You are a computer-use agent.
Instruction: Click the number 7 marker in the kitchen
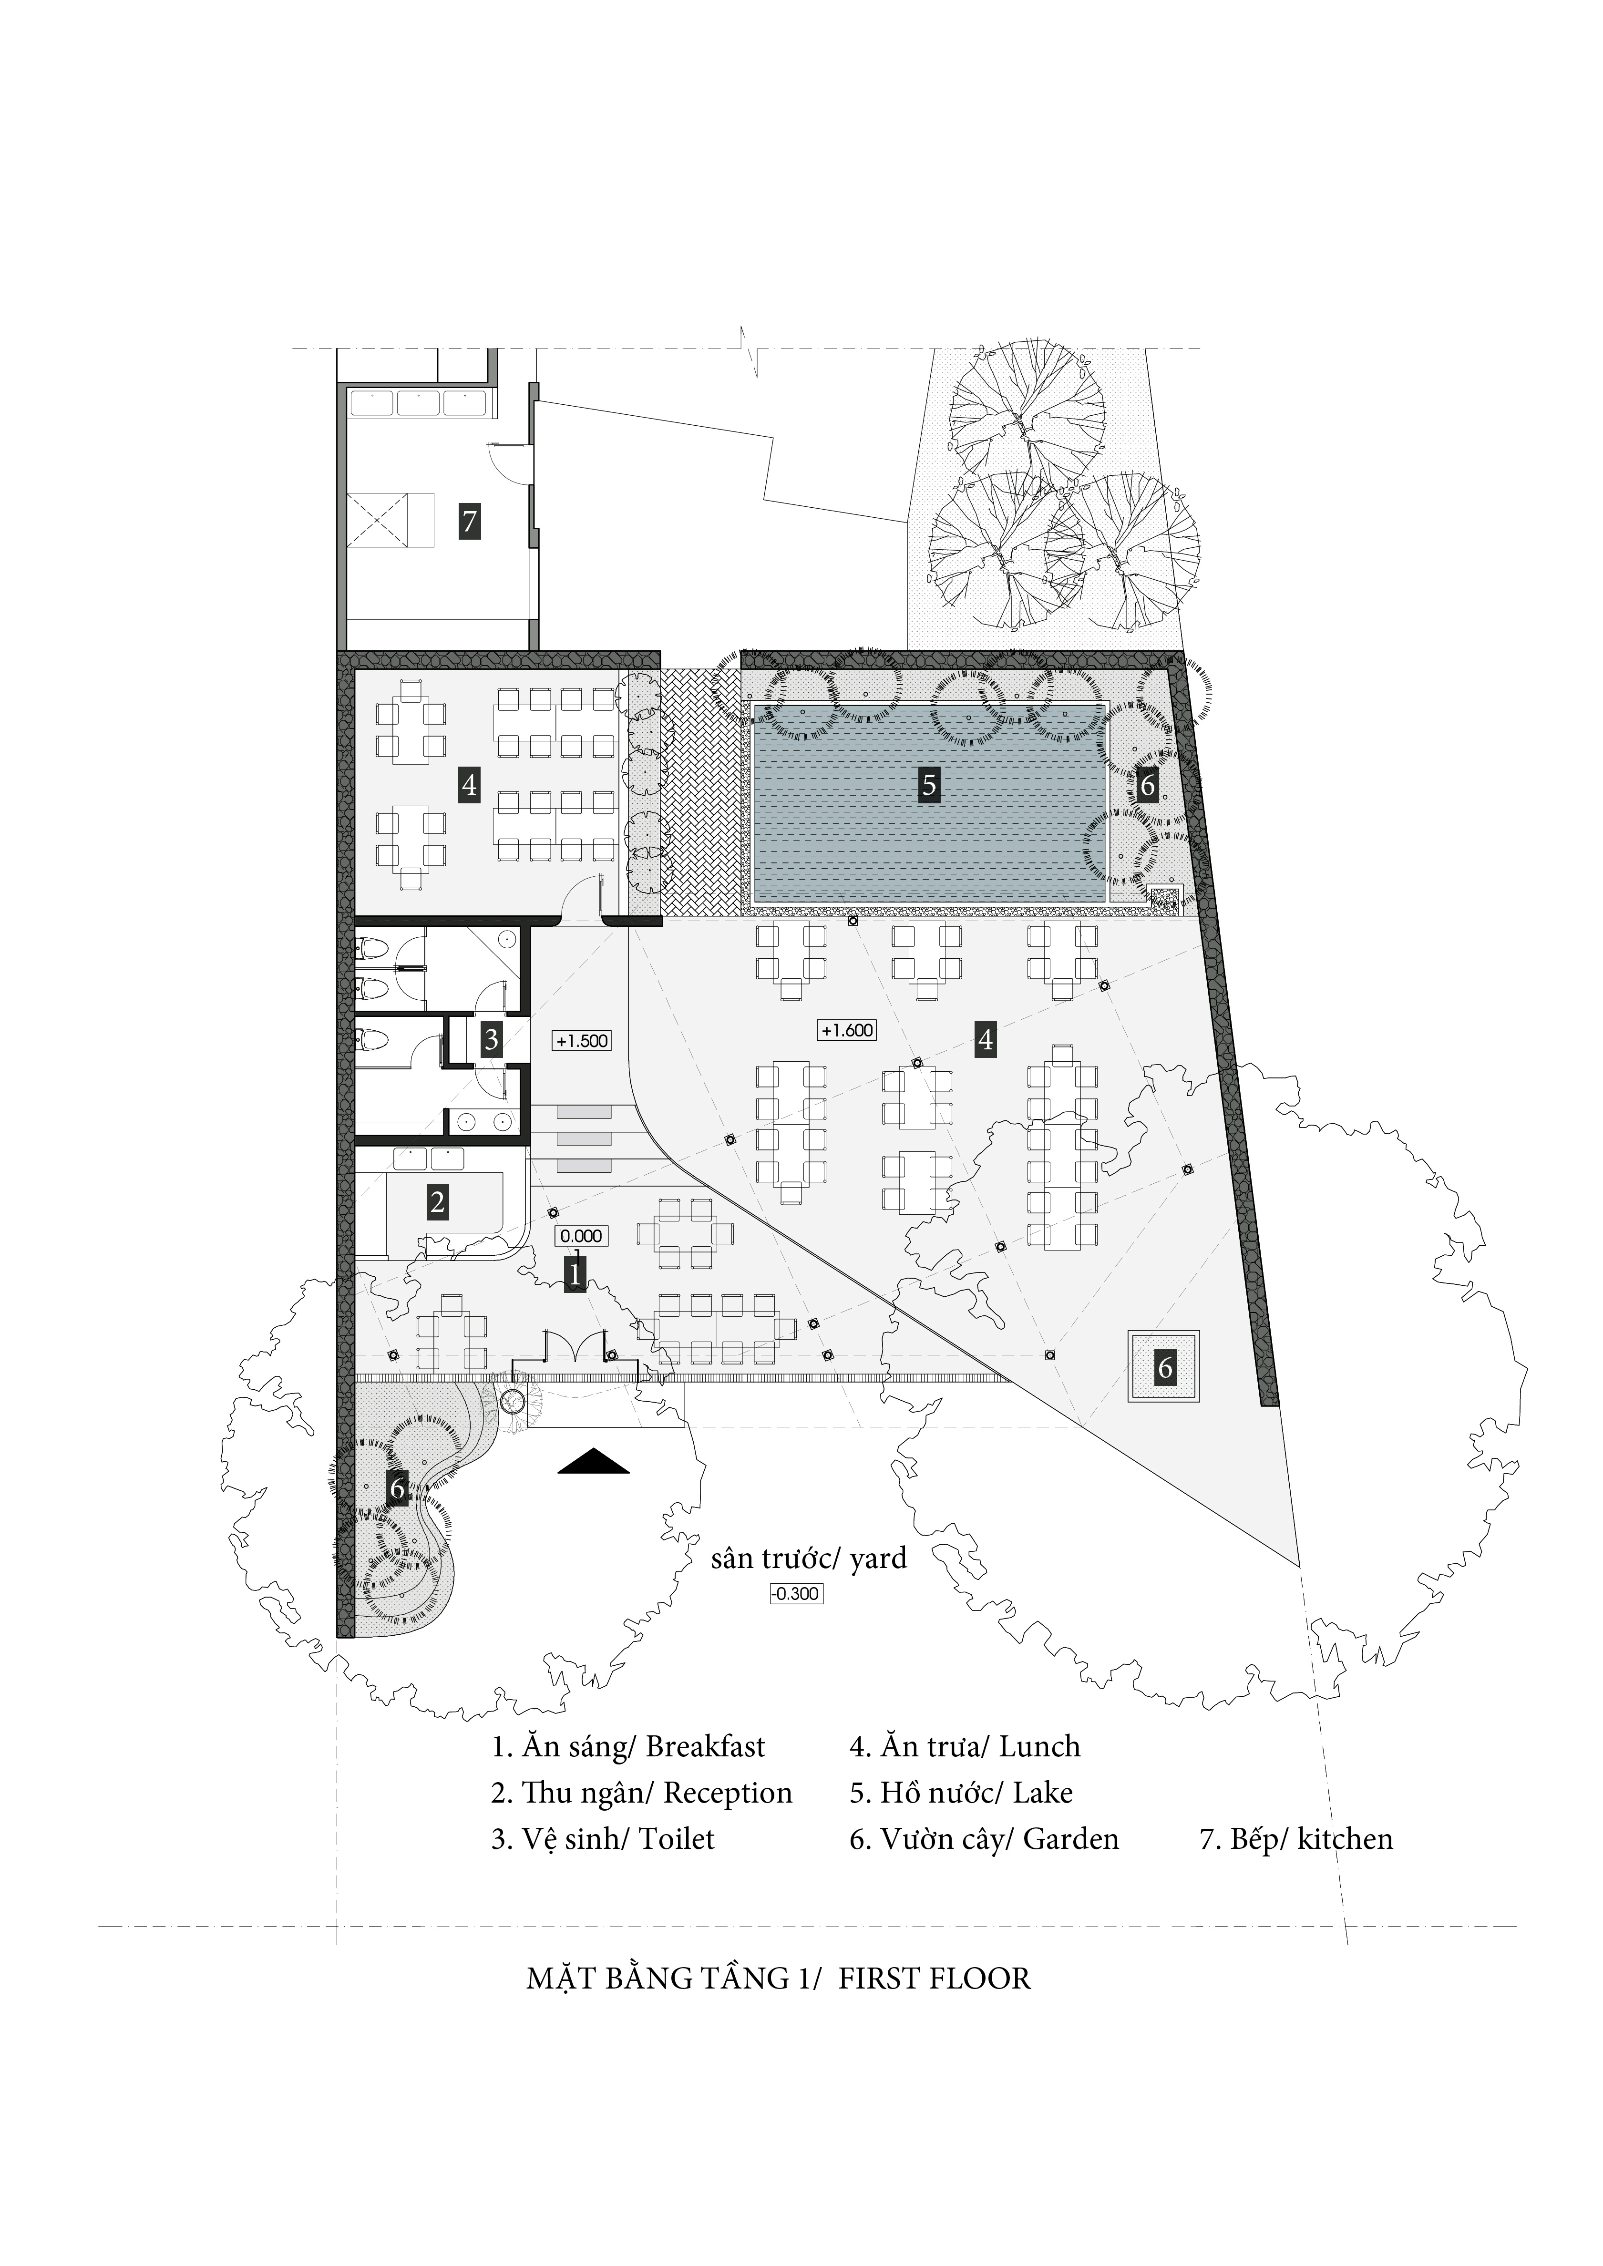tap(470, 520)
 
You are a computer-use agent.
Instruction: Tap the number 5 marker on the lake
tap(928, 785)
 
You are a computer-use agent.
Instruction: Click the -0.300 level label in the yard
tap(796, 1593)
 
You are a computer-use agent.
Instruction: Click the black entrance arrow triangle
tap(593, 1461)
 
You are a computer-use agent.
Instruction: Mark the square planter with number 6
tap(1165, 1367)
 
